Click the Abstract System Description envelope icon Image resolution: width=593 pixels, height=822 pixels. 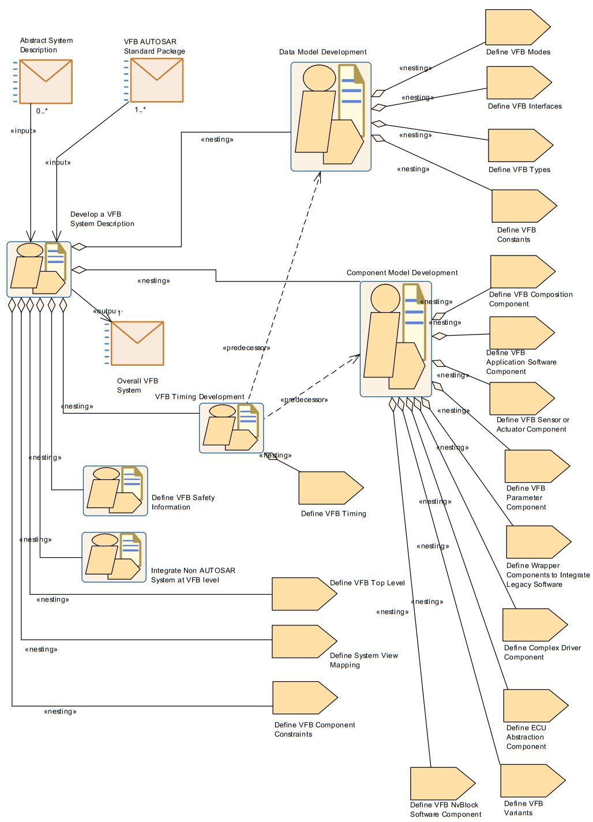46,81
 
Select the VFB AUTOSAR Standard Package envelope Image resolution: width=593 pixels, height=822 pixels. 156,80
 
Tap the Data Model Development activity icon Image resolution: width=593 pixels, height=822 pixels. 331,117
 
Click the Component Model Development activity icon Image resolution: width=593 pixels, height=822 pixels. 396,339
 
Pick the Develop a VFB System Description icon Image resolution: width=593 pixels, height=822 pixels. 39,269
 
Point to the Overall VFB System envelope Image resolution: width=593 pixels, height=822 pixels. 137,343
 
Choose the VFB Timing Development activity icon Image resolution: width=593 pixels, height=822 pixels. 231,427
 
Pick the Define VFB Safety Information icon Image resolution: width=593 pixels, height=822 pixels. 115,491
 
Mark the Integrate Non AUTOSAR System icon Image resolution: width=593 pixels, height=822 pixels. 114,557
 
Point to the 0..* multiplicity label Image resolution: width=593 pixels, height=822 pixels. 42,111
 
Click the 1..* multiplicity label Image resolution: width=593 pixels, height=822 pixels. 140,110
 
